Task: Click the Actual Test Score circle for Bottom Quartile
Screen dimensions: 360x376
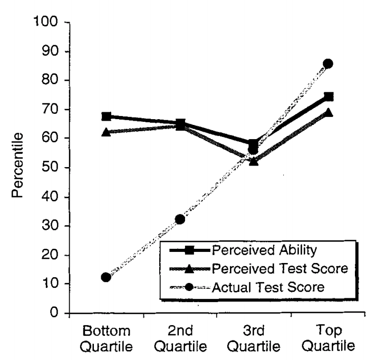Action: coord(106,277)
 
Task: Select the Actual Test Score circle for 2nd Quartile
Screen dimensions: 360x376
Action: coord(180,219)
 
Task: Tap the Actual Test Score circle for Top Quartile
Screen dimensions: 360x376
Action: coord(328,64)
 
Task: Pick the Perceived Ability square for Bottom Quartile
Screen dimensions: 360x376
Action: coord(106,116)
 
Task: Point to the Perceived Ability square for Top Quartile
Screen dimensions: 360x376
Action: coord(329,97)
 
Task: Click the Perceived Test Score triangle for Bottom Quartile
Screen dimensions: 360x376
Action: coord(106,132)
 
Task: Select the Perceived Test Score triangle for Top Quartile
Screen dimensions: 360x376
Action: coord(328,112)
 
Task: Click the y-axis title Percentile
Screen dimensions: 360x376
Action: coord(18,165)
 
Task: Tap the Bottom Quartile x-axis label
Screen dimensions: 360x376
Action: coord(106,339)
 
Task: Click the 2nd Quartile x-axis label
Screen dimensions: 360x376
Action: coord(180,339)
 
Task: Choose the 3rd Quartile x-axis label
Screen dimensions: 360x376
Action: coord(254,339)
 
